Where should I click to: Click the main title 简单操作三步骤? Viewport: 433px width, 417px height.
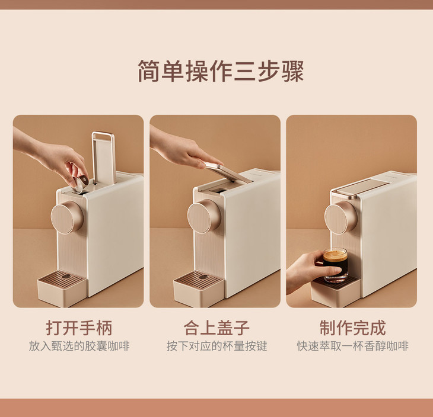pos(221,71)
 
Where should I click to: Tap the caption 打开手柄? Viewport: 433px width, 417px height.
pos(79,328)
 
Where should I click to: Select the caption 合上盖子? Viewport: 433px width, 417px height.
pos(216,328)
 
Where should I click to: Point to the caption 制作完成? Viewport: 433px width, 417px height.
pos(353,328)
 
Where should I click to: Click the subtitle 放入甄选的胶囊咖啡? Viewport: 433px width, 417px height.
pos(79,346)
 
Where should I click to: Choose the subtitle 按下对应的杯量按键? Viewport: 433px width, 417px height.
pos(216,346)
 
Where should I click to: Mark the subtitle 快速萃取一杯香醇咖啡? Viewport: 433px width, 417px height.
pos(353,346)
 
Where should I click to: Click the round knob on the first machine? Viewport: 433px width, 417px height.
pos(67,217)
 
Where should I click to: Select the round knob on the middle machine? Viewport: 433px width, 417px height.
pos(204,216)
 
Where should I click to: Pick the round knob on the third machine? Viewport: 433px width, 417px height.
pos(341,217)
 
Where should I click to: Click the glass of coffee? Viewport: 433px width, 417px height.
pos(336,265)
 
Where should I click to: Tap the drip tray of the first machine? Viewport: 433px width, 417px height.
pos(62,288)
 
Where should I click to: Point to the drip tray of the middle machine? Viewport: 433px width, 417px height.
pos(199,288)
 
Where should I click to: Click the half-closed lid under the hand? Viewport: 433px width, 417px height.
pos(228,172)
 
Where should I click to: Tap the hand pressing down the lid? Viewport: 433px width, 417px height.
pos(184,148)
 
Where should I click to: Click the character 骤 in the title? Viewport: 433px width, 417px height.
pos(292,71)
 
